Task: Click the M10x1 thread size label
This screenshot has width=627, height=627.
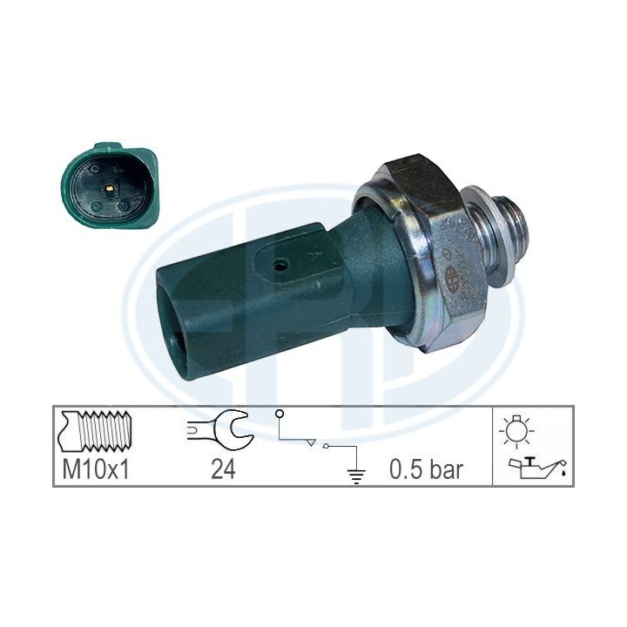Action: (x=96, y=469)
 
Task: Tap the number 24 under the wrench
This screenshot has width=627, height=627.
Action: (x=223, y=469)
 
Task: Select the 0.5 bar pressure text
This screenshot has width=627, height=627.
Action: (x=426, y=469)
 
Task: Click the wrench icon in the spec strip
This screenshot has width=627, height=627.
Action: (x=221, y=431)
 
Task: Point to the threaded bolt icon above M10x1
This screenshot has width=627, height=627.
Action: (x=95, y=431)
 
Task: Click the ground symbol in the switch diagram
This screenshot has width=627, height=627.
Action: (x=356, y=475)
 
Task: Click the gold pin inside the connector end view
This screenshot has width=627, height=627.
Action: (x=109, y=187)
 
